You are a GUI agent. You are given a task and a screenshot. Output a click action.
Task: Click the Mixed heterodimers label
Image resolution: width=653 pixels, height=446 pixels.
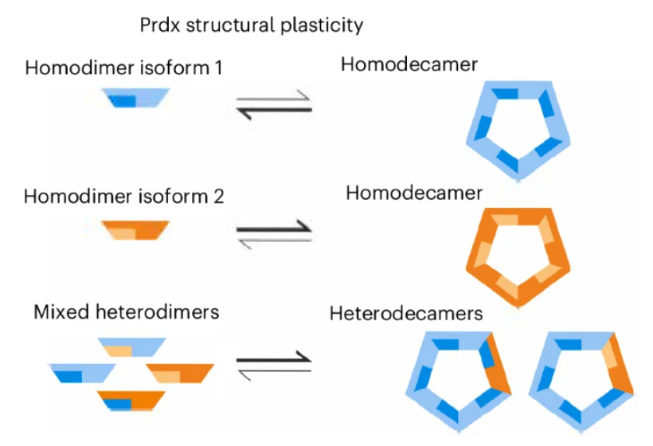(x=126, y=311)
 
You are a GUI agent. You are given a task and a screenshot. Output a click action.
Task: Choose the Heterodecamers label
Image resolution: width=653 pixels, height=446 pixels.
(x=406, y=314)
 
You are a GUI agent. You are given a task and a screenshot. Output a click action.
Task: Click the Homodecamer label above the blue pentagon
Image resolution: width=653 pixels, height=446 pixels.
(x=409, y=65)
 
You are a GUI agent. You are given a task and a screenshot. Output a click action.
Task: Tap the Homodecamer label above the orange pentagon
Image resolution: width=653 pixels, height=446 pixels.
(x=414, y=194)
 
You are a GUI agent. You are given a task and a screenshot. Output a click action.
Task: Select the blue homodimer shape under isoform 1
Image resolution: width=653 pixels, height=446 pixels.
(x=135, y=98)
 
